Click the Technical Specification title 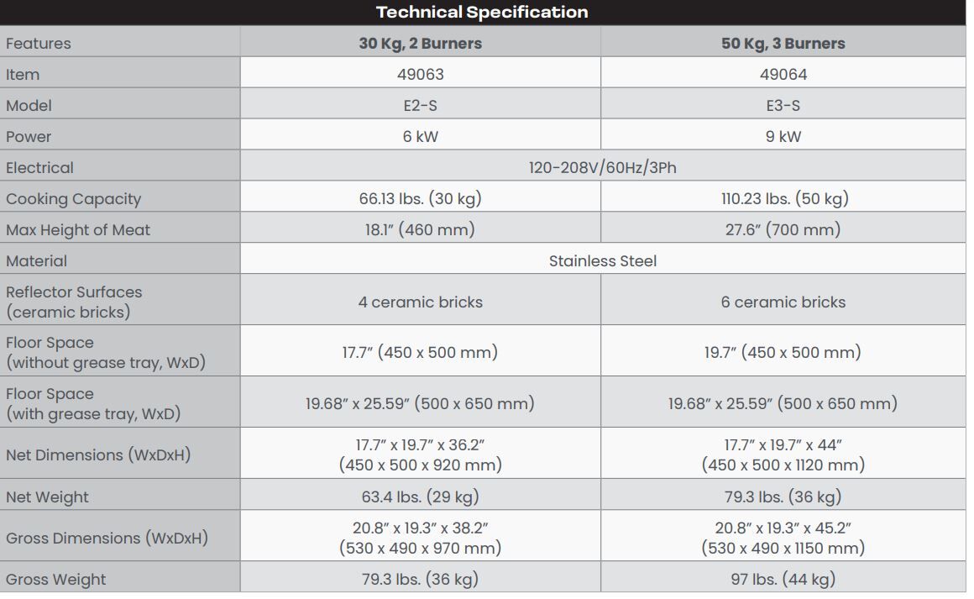coord(482,13)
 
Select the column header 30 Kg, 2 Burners coord(420,44)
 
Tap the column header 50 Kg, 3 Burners coord(783,44)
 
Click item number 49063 coord(420,75)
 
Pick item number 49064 coord(783,75)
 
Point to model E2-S coord(420,106)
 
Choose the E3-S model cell coord(783,106)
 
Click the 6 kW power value coord(420,137)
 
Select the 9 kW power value coord(783,137)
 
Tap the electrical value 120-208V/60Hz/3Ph coord(602,168)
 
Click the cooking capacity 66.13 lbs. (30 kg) coord(420,199)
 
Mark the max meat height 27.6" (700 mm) coord(783,230)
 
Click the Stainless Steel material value coord(602,261)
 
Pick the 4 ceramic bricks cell coord(420,302)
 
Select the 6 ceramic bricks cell coord(783,302)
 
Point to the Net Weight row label coord(47,497)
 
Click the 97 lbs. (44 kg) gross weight coord(783,580)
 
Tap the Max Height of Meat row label coord(78,230)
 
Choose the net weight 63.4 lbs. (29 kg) coord(420,497)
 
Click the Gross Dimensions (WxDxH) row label coord(107,539)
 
